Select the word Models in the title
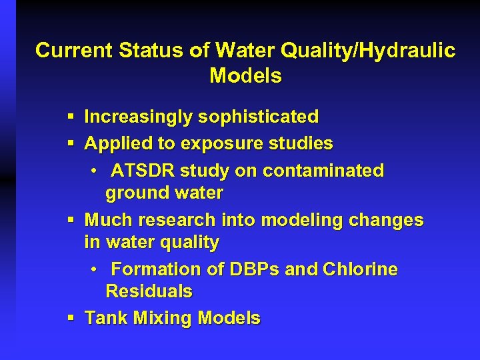click(x=245, y=76)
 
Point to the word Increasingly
click(x=136, y=117)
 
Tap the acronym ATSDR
click(x=142, y=171)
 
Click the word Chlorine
click(x=360, y=269)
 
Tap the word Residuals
click(x=149, y=291)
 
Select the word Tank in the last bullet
click(x=106, y=318)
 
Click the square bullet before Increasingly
click(x=71, y=117)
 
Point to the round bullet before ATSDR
click(x=95, y=171)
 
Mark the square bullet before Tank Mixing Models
click(x=71, y=318)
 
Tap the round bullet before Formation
click(x=95, y=269)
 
